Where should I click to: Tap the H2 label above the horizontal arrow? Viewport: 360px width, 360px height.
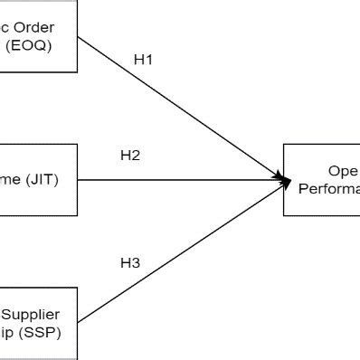130,155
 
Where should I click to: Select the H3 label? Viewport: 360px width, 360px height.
130,263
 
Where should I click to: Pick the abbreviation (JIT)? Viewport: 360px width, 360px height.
41,179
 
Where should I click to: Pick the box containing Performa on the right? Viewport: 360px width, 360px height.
322,179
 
